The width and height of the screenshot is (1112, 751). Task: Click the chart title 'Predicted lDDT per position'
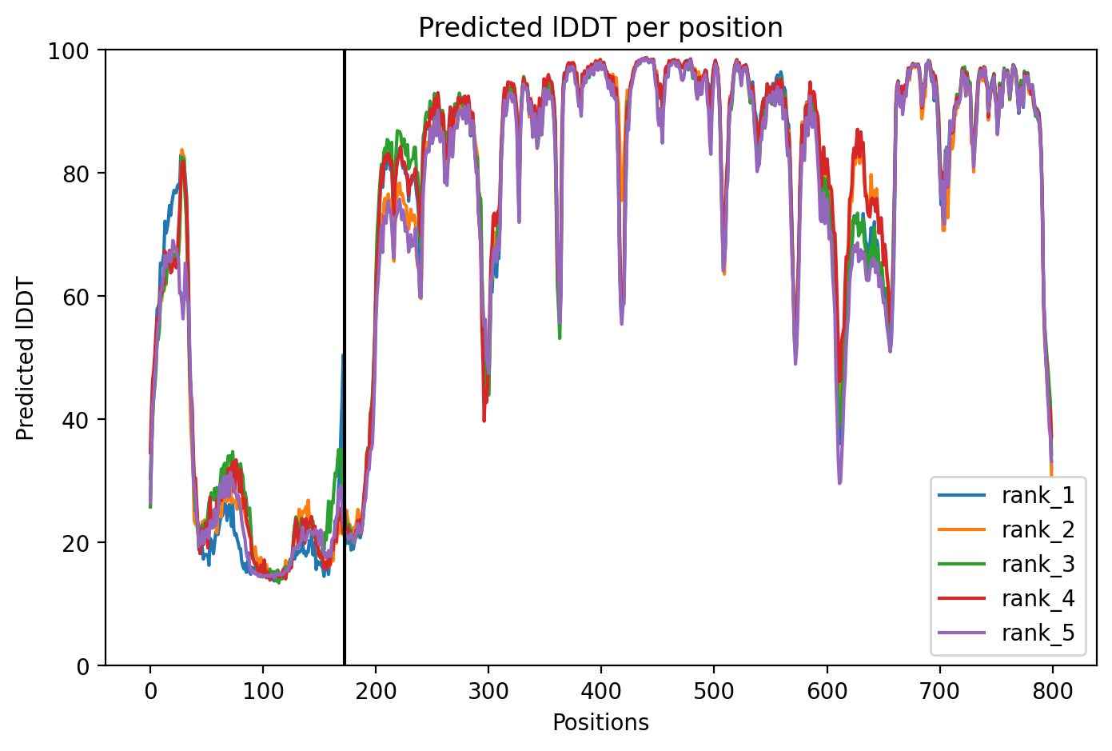pyautogui.click(x=600, y=28)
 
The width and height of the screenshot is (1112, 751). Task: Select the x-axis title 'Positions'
pyautogui.click(x=600, y=723)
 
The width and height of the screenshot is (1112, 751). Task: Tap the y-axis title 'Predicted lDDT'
pyautogui.click(x=25, y=358)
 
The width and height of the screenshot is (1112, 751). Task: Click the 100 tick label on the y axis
pyautogui.click(x=69, y=52)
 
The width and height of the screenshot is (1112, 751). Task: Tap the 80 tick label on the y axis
pyautogui.click(x=76, y=175)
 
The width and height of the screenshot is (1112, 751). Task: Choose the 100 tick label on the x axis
pyautogui.click(x=263, y=691)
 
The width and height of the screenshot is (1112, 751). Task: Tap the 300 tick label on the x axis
pyautogui.click(x=489, y=691)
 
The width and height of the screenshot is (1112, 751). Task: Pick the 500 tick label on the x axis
pyautogui.click(x=715, y=691)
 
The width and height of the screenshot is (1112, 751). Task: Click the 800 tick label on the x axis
pyautogui.click(x=1053, y=691)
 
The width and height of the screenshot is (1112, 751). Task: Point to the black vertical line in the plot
pyautogui.click(x=345, y=358)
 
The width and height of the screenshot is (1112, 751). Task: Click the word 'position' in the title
pyautogui.click(x=731, y=29)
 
